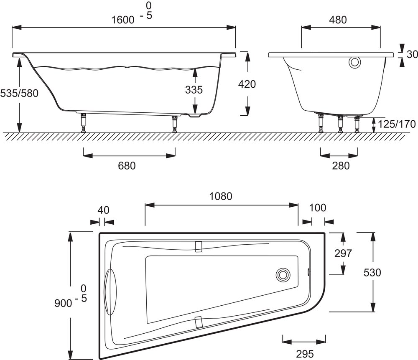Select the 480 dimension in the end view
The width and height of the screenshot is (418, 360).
tap(338, 20)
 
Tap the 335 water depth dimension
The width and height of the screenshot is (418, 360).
tap(194, 89)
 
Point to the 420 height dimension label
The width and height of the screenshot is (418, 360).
tap(247, 84)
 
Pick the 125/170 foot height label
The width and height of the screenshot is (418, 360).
tap(396, 124)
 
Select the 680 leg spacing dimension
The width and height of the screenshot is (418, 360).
tap(127, 166)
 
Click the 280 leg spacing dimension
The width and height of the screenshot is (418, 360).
tap(341, 166)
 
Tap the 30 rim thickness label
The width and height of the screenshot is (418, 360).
tap(412, 54)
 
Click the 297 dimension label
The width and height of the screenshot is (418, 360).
tap(343, 253)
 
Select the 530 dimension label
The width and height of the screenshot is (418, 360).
tap(372, 273)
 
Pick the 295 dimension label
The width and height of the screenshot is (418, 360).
tap(305, 354)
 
